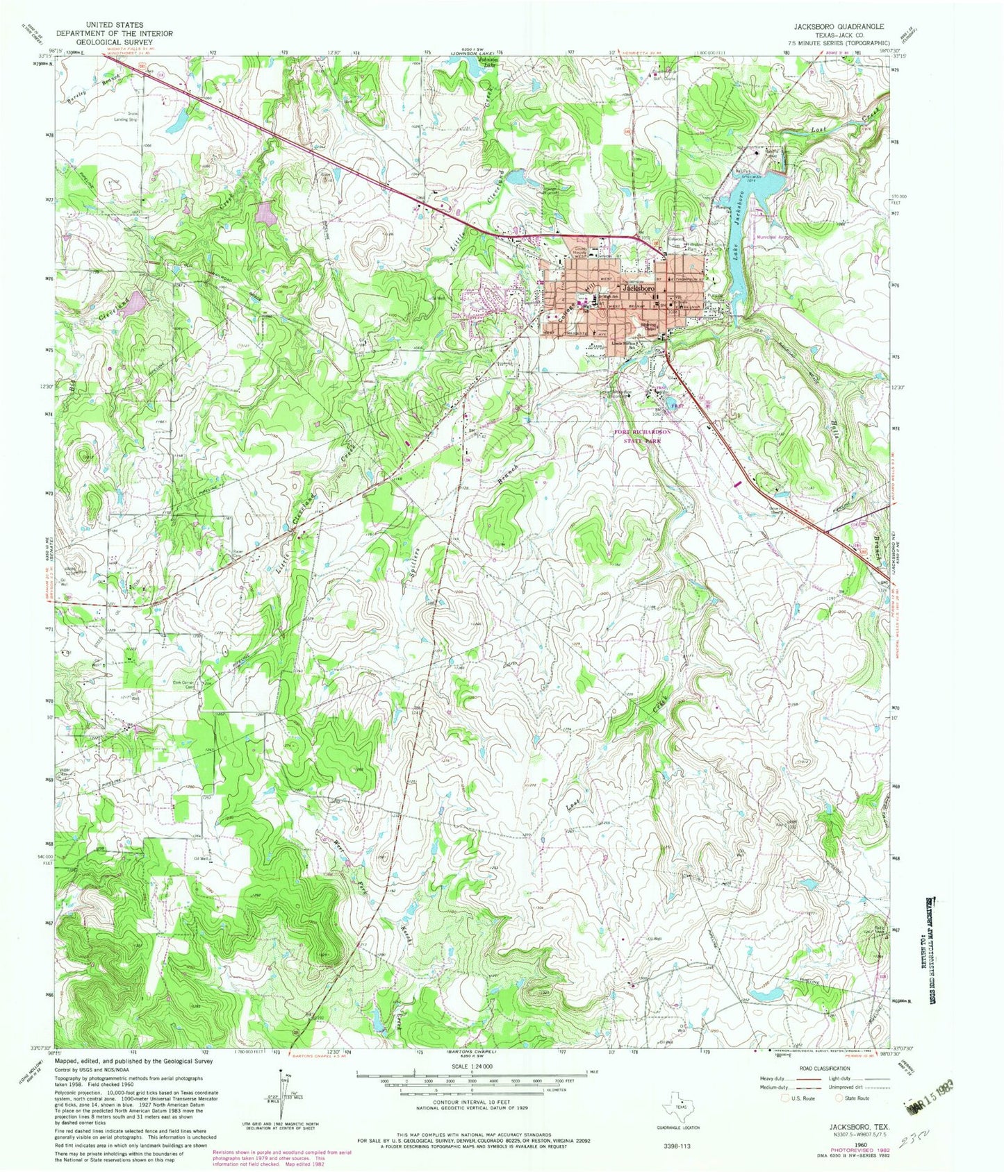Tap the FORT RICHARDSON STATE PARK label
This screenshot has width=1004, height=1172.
click(643, 437)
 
